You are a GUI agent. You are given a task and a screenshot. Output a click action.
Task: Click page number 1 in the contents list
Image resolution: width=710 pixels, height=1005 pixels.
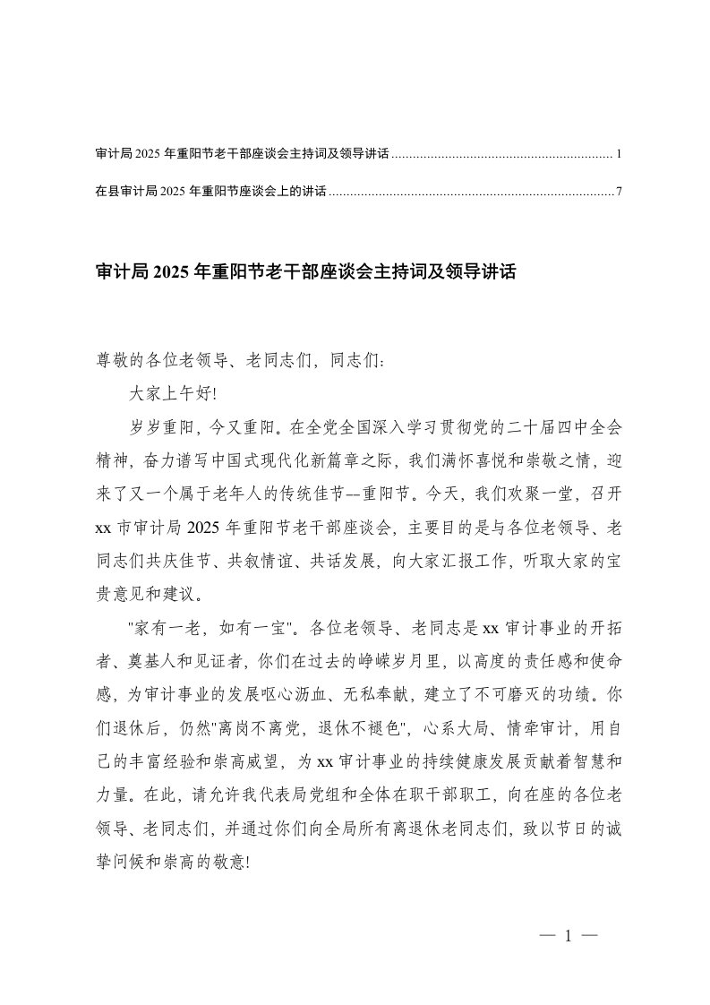pyautogui.click(x=619, y=155)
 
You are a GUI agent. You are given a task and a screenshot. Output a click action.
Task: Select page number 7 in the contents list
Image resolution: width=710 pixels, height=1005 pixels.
pyautogui.click(x=619, y=192)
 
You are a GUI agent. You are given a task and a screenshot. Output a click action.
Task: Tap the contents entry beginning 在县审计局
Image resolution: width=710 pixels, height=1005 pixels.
pyautogui.click(x=210, y=192)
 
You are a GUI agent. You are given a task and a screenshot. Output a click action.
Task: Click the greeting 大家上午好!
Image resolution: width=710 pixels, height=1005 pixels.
pyautogui.click(x=174, y=391)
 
